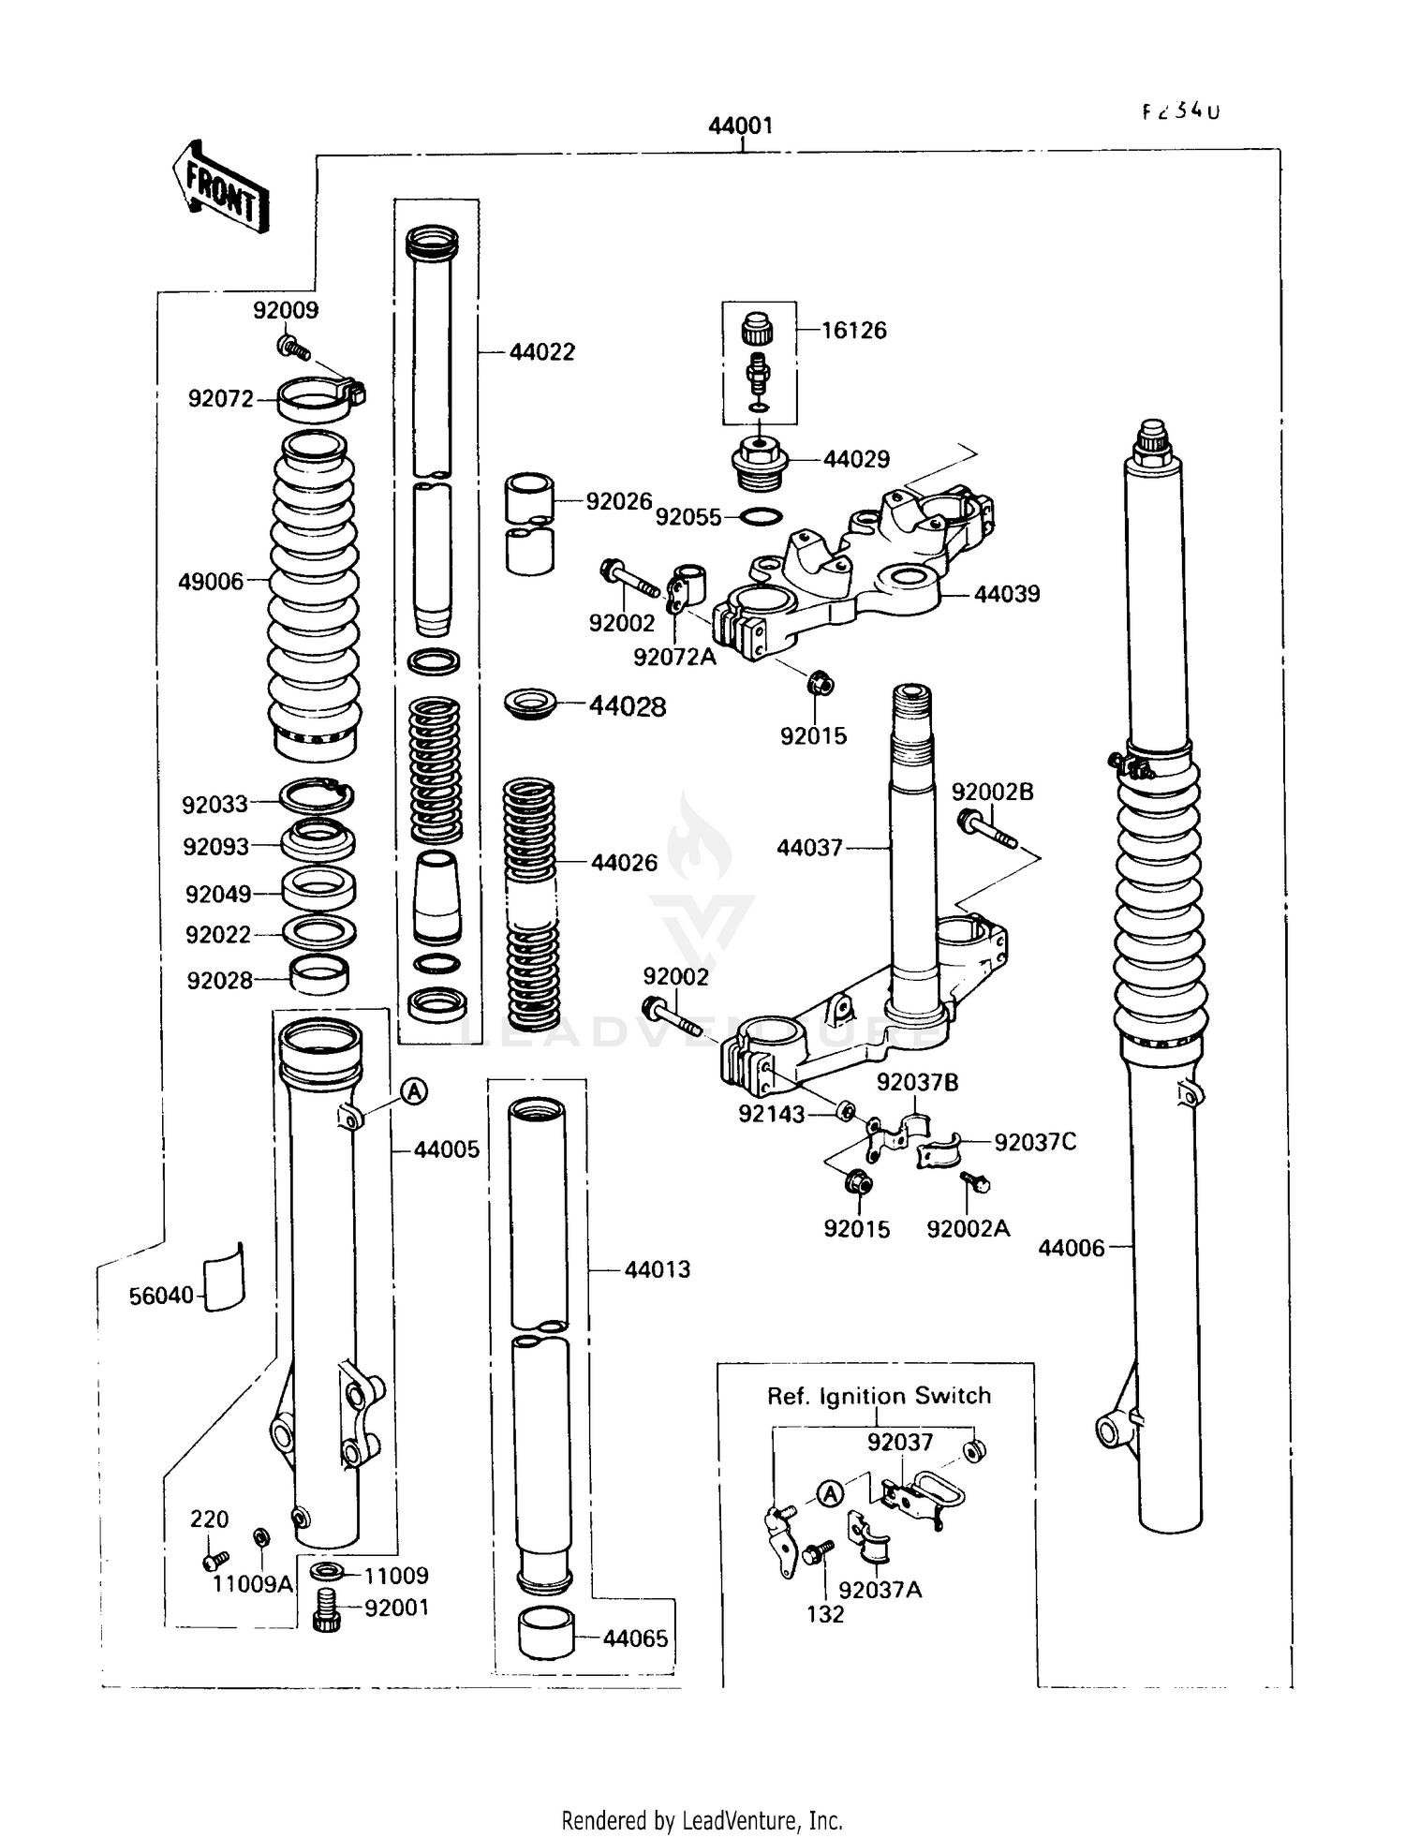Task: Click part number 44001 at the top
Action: pyautogui.click(x=740, y=126)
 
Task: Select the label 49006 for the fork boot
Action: pyautogui.click(x=211, y=582)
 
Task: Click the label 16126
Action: pyautogui.click(x=853, y=331)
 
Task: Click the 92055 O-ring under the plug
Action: pyautogui.click(x=762, y=516)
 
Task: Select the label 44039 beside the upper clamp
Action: pyautogui.click(x=1007, y=594)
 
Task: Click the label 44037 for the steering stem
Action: pyautogui.click(x=809, y=848)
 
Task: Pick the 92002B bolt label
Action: pyautogui.click(x=992, y=793)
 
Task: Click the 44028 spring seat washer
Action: pyautogui.click(x=531, y=704)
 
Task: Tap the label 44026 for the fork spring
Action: pyautogui.click(x=624, y=863)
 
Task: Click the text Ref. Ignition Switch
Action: pyautogui.click(x=879, y=1396)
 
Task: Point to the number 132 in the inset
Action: pyautogui.click(x=824, y=1614)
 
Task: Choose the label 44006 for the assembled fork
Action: pyautogui.click(x=1071, y=1248)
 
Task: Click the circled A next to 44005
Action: pyautogui.click(x=415, y=1090)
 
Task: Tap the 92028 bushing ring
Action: pyautogui.click(x=319, y=974)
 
